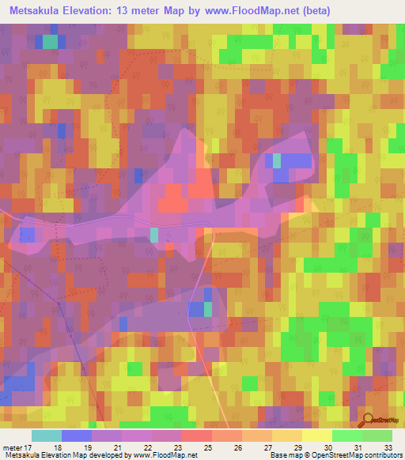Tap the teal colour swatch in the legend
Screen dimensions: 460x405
(x=46, y=435)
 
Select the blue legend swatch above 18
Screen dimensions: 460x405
(x=76, y=435)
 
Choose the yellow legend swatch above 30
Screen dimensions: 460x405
(x=316, y=435)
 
